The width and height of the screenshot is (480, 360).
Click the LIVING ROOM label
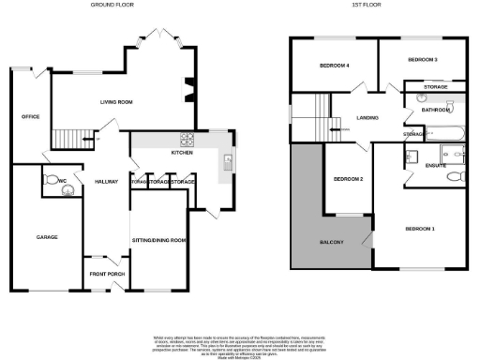(116, 101)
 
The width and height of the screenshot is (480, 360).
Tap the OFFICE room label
(30, 116)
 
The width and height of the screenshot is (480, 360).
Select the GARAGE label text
(47, 237)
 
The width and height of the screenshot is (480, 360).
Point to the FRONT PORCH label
(106, 274)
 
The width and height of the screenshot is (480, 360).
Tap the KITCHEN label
(181, 152)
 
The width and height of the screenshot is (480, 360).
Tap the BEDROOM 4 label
(334, 66)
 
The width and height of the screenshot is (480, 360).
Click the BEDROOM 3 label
(423, 59)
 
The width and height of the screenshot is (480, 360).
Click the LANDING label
(367, 118)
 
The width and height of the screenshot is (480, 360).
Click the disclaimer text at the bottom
(240, 345)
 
